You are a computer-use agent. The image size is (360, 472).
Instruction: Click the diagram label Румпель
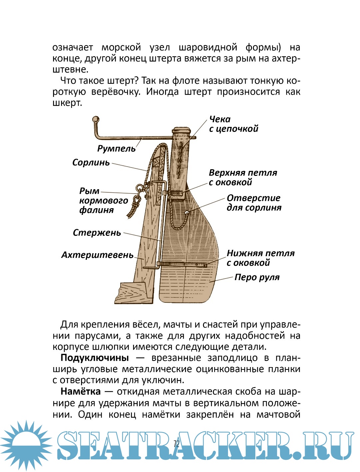click(x=116, y=149)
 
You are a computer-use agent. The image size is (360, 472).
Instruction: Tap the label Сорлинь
click(x=91, y=163)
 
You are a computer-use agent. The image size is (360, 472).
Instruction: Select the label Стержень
click(x=97, y=233)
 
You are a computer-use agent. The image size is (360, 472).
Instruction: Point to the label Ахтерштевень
click(x=97, y=255)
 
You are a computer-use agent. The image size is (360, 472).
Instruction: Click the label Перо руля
click(x=257, y=277)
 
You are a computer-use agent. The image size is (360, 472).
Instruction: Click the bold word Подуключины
click(x=95, y=358)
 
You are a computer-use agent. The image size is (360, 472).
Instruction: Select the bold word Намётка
click(x=80, y=391)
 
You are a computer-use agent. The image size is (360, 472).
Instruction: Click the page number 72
click(x=176, y=444)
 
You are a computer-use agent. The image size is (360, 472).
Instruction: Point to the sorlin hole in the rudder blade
click(x=187, y=213)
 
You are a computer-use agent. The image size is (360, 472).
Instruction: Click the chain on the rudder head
click(x=180, y=160)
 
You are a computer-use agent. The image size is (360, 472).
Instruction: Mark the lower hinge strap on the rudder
click(x=182, y=264)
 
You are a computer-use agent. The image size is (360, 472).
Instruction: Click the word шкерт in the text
click(x=67, y=103)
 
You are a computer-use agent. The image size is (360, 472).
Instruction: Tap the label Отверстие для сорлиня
click(x=254, y=203)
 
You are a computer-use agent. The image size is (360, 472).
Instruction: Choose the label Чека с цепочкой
click(x=233, y=124)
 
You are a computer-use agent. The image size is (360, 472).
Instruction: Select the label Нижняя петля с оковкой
click(x=260, y=258)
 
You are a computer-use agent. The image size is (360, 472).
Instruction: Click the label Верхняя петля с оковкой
click(x=243, y=178)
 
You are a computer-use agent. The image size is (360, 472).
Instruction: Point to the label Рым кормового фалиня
click(x=99, y=201)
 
